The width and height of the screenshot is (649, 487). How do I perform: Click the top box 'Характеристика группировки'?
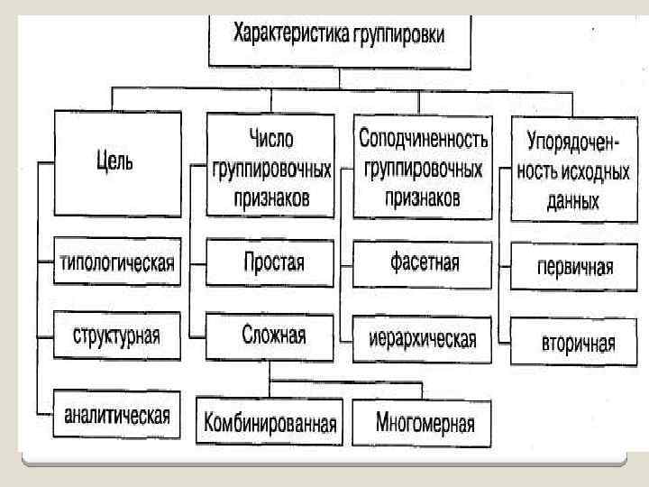[x=339, y=38]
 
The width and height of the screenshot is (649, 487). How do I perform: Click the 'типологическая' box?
[x=116, y=263]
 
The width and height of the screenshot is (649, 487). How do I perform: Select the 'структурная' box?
[x=116, y=335]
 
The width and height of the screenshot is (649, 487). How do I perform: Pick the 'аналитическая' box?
[x=116, y=416]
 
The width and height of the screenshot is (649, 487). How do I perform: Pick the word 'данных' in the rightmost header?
[x=572, y=202]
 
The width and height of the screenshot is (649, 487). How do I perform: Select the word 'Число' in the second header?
[x=271, y=139]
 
